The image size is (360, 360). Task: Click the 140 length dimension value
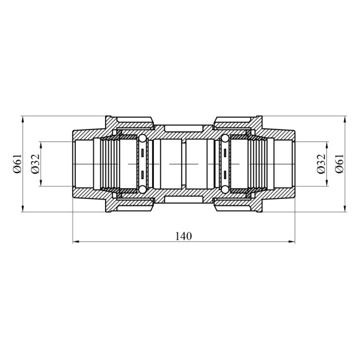point(183,236)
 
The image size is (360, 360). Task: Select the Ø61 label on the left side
point(18,163)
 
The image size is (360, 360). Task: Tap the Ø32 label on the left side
point(36,164)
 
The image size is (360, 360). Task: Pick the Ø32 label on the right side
point(321,164)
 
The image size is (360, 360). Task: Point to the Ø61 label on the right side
point(340,163)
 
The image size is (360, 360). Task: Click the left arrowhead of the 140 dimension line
point(76,242)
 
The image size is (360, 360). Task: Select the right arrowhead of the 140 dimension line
point(291,242)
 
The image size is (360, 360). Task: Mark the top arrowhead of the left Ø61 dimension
point(22,120)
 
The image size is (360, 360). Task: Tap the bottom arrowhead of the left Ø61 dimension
point(22,209)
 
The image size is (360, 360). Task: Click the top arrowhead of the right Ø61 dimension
point(345,120)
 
